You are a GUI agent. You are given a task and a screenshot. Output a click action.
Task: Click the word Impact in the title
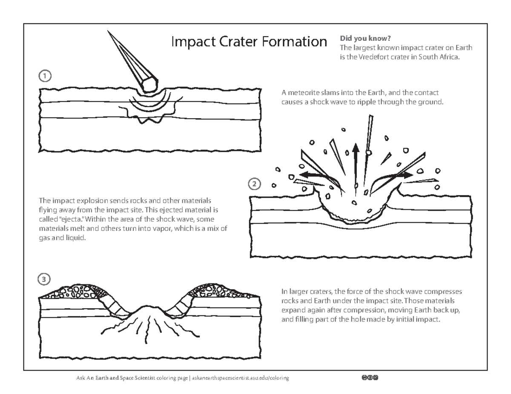pyautogui.click(x=190, y=42)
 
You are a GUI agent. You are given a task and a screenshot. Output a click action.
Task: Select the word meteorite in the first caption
pyautogui.click(x=301, y=92)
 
